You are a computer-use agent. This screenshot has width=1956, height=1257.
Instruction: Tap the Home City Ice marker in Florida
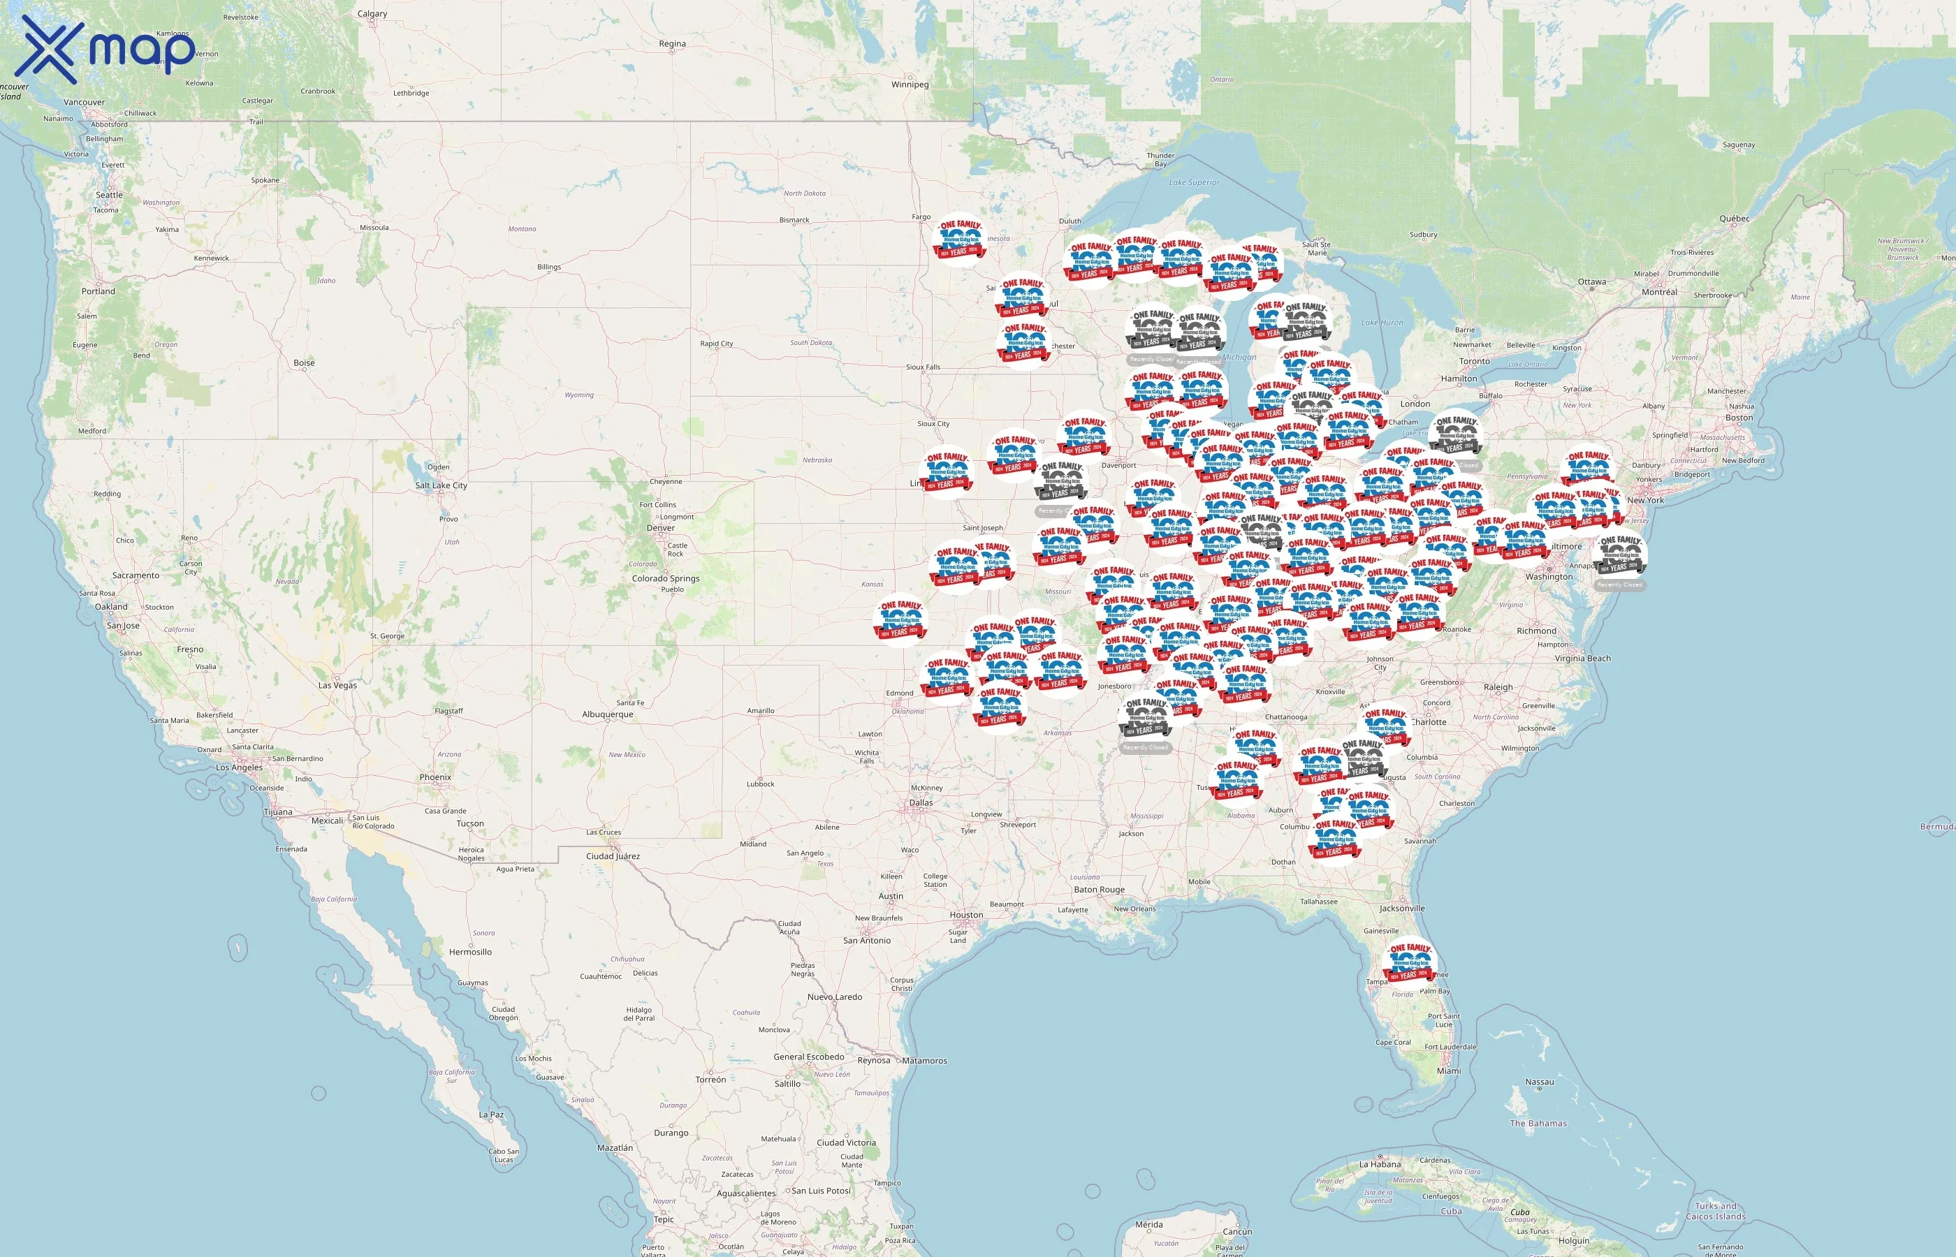pyautogui.click(x=1410, y=963)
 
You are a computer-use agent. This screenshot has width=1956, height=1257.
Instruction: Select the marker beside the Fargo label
pyautogui.click(x=958, y=240)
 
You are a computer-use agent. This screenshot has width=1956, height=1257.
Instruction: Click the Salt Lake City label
pyautogui.click(x=441, y=485)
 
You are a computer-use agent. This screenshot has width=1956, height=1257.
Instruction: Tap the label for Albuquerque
pyautogui.click(x=607, y=714)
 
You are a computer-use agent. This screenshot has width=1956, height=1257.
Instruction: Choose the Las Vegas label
pyautogui.click(x=337, y=685)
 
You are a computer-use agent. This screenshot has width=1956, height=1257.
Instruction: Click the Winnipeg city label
pyautogui.click(x=910, y=85)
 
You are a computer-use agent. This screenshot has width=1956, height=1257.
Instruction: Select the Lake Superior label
pyautogui.click(x=1194, y=183)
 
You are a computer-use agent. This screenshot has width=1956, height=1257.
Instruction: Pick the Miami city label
pyautogui.click(x=1448, y=1071)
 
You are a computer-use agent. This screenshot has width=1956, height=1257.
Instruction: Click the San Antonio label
pyautogui.click(x=866, y=940)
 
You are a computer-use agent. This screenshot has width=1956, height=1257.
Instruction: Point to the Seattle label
pyautogui.click(x=108, y=195)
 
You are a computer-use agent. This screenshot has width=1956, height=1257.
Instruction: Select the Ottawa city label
pyautogui.click(x=1591, y=281)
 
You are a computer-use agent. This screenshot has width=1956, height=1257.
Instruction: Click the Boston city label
pyautogui.click(x=1739, y=418)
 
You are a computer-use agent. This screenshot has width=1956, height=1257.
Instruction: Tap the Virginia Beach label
pyautogui.click(x=1582, y=659)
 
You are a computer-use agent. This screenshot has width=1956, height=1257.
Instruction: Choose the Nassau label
pyautogui.click(x=1539, y=1082)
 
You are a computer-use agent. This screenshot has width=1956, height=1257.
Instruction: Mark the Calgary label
pyautogui.click(x=372, y=14)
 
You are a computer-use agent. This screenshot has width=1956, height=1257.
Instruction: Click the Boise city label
pyautogui.click(x=304, y=363)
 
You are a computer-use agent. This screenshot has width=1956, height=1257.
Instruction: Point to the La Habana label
pyautogui.click(x=1379, y=1165)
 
